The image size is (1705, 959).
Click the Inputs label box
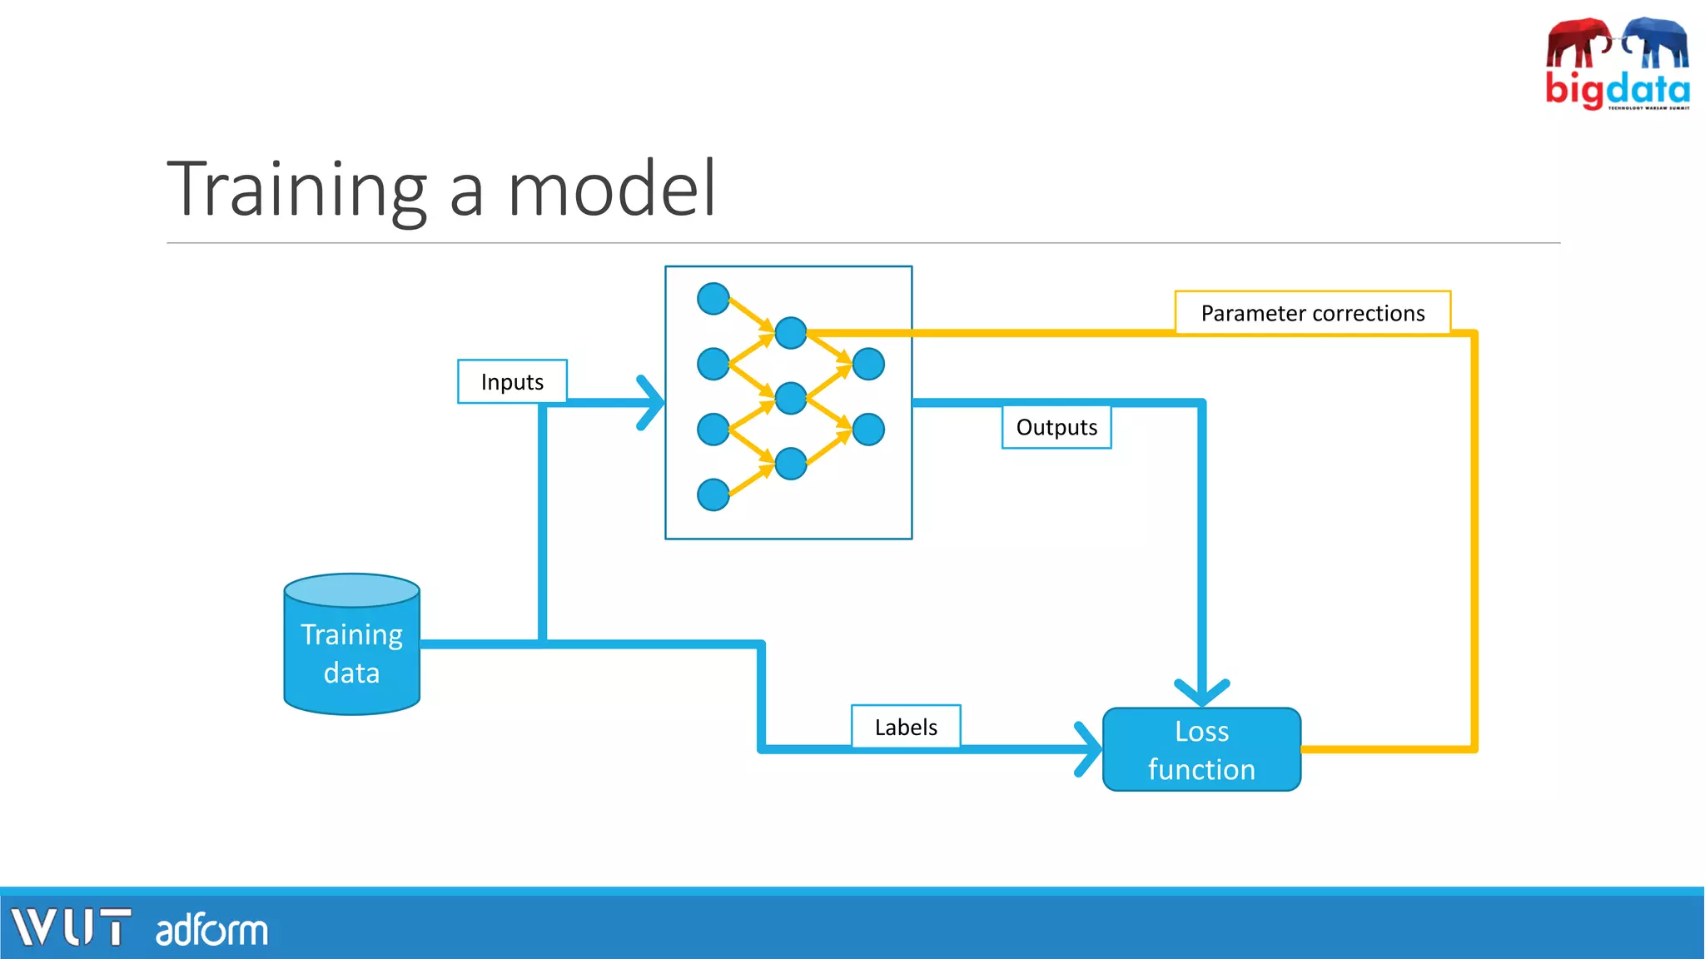(512, 381)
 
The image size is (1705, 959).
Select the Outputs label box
(1056, 427)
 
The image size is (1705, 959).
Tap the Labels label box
(906, 727)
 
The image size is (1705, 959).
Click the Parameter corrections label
(1312, 313)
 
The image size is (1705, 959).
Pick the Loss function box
(1201, 749)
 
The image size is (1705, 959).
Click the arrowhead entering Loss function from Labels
(1089, 749)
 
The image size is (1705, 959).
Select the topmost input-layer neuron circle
(713, 299)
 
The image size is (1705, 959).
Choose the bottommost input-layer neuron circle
(713, 494)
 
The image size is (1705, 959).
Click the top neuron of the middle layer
(791, 333)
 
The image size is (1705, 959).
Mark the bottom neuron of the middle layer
(791, 464)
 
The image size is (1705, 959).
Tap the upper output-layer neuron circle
(868, 364)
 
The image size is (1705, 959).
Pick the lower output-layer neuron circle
(868, 430)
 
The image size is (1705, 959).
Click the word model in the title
(612, 189)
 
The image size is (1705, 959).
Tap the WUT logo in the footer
(71, 927)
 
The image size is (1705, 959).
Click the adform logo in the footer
(211, 930)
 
